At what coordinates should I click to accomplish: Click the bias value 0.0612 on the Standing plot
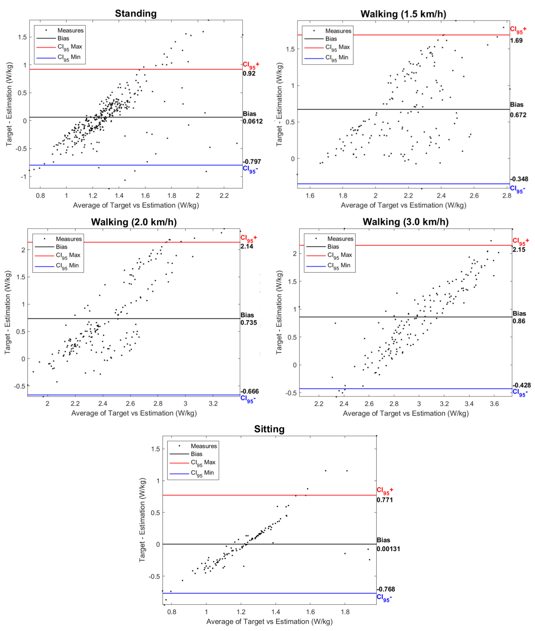[253, 122]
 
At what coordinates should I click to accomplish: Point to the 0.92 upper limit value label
[249, 74]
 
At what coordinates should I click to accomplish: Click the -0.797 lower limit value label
[252, 162]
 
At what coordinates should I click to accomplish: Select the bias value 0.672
[518, 115]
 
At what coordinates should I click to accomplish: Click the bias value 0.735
[249, 323]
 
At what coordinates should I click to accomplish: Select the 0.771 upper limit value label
[385, 500]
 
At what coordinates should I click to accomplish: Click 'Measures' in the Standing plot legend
[70, 30]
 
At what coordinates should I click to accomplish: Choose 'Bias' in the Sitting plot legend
[197, 454]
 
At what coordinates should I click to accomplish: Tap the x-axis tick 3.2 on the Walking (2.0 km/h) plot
[213, 404]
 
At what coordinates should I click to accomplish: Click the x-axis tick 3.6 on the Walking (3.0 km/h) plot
[494, 404]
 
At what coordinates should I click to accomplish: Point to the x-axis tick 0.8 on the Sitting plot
[172, 612]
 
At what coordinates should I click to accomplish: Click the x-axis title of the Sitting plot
[269, 622]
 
